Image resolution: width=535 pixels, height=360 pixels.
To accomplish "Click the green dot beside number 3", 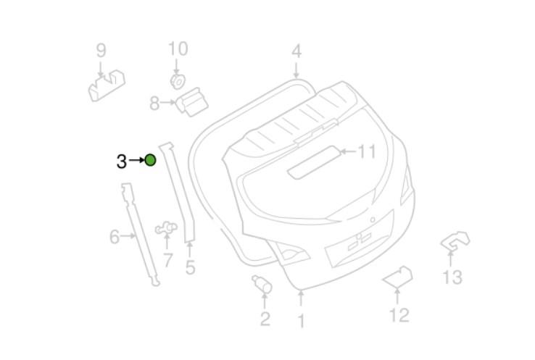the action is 151,160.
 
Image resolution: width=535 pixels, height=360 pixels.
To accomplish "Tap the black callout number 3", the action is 122,162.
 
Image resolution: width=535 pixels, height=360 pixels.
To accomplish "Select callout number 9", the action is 101,51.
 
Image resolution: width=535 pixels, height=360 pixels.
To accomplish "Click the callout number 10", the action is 178,49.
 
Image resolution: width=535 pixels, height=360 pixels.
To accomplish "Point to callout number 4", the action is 296,51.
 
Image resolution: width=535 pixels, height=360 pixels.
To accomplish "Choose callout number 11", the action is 367,151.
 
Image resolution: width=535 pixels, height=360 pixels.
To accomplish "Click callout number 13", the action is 452,277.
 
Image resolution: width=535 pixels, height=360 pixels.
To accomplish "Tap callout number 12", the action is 399,315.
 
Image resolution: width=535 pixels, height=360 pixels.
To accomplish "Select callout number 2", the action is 265,319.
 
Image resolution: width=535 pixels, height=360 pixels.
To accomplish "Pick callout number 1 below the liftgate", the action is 301,321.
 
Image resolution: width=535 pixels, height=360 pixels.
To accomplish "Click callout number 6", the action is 115,237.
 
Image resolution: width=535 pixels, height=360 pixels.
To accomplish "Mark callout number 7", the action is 167,261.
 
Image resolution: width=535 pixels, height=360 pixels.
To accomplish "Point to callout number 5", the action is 190,267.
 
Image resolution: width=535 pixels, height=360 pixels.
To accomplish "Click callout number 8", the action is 154,104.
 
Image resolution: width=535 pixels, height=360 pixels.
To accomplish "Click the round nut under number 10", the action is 178,82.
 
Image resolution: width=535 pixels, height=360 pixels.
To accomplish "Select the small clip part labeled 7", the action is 167,227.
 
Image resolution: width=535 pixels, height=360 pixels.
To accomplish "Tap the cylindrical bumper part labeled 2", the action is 262,284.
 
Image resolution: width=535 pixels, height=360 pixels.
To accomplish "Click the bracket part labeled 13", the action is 455,241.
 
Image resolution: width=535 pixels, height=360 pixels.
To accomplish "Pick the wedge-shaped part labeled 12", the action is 398,277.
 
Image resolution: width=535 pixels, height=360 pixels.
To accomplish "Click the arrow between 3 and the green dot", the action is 137,160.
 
